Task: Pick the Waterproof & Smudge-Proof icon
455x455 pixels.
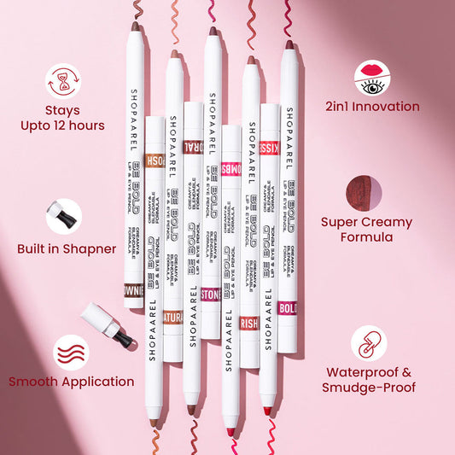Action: (368, 342)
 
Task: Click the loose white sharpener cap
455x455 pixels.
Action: (107, 324)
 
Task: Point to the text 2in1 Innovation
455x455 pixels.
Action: (372, 107)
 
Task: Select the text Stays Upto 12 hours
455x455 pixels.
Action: (63, 118)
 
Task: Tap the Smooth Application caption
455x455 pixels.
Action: (72, 382)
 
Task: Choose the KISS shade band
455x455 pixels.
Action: (269, 147)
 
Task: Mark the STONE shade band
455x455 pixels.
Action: (211, 295)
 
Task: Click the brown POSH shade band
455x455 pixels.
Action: (155, 160)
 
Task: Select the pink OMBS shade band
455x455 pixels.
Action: (230, 169)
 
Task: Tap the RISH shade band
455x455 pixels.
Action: (249, 324)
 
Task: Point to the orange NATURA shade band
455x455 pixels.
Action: (173, 318)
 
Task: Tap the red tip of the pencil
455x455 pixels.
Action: (267, 411)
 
